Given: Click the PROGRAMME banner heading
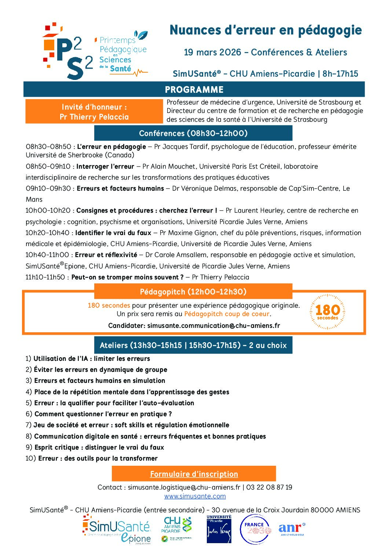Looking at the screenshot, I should pos(194,89).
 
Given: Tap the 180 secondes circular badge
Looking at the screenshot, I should pos(327,312).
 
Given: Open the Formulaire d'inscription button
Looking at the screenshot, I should pos(194,474).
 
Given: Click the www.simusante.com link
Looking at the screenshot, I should pos(195,496).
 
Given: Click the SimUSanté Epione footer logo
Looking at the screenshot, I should pos(117,529).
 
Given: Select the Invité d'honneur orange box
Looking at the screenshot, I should pos(94,111).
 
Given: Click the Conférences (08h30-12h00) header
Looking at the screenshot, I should pos(193,133).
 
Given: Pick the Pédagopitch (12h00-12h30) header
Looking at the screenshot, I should pos(193,292).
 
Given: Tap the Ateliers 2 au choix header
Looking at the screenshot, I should pos(193,345).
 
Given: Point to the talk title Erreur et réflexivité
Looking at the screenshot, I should pos(106,255).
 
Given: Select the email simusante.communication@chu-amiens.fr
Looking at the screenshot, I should pos(213,326).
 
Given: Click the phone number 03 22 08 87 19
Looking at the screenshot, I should pos(269,487).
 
